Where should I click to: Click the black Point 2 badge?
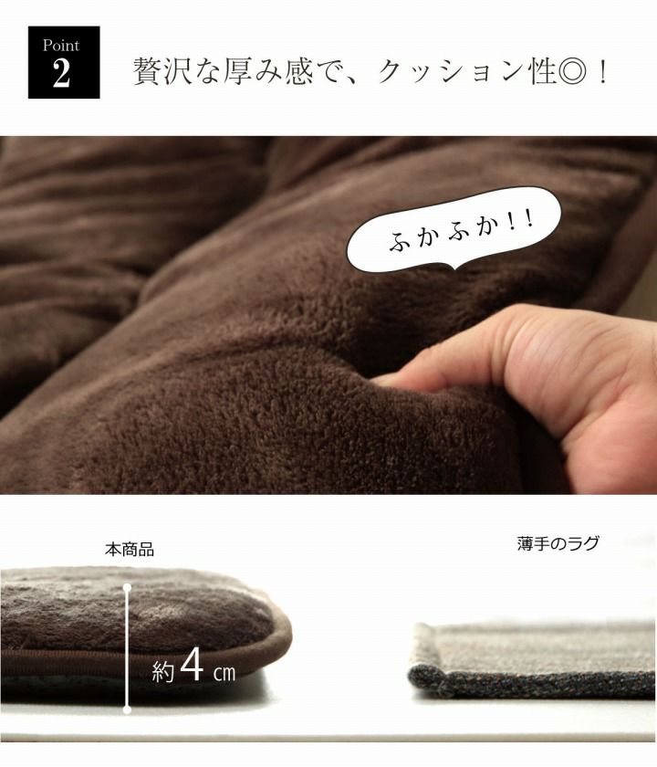[x=64, y=62]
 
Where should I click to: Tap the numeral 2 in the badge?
[x=62, y=73]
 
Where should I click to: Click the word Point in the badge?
[x=61, y=46]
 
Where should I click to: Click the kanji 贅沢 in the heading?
[x=162, y=72]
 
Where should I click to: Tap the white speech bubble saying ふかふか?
[x=454, y=229]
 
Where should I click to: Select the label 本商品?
[x=130, y=550]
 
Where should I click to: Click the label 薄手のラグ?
[x=558, y=543]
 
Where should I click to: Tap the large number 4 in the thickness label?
[x=192, y=665]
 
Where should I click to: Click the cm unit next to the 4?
[x=224, y=673]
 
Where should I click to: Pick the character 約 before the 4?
[x=162, y=672]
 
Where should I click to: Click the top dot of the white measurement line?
[x=127, y=586]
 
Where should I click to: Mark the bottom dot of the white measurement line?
[x=127, y=709]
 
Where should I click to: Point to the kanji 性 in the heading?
[x=542, y=72]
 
